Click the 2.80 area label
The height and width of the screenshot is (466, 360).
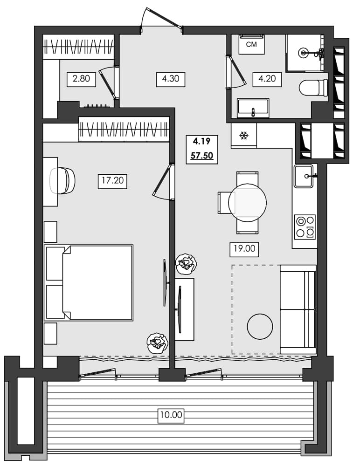click(x=81, y=79)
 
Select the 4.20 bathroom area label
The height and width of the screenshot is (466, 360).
click(x=267, y=79)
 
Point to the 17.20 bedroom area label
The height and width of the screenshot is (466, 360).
click(x=112, y=180)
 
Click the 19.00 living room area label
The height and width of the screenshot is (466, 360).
click(x=243, y=249)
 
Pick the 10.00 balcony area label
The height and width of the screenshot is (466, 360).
click(x=171, y=414)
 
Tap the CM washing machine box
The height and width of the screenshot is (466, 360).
click(x=251, y=45)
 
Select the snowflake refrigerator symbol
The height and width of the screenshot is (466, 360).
click(x=243, y=136)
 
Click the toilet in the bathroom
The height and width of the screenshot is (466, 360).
click(x=313, y=88)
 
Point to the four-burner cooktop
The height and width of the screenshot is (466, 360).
click(x=305, y=226)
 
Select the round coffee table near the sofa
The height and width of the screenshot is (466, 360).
click(x=259, y=327)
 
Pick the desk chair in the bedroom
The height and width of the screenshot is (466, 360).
click(x=63, y=180)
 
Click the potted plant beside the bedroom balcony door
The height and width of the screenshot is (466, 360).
click(x=156, y=344)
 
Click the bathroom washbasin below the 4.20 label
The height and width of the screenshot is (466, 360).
click(x=253, y=109)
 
